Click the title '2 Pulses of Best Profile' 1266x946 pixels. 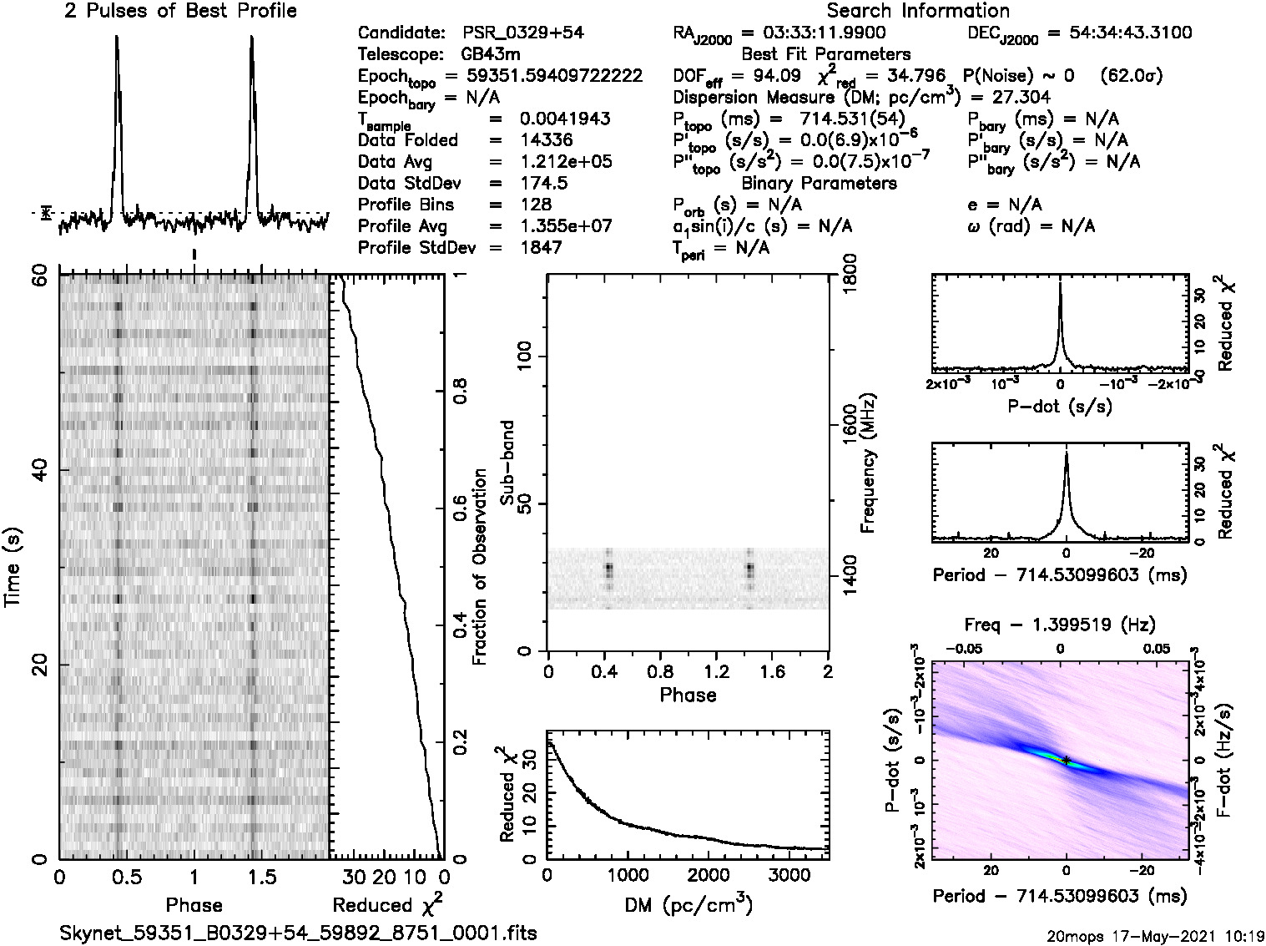point(180,12)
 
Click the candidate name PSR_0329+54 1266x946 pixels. point(523,33)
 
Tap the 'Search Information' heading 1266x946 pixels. point(917,12)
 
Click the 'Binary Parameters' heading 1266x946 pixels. point(819,184)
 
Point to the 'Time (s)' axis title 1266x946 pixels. point(14,568)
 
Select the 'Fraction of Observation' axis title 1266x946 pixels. point(480,568)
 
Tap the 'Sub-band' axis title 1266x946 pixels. point(507,463)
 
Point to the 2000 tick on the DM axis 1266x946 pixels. point(729,875)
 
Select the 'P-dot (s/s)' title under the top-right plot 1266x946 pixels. point(1060,407)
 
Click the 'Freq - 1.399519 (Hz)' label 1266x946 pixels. point(1060,625)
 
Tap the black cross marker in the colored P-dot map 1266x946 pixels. point(1067,760)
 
